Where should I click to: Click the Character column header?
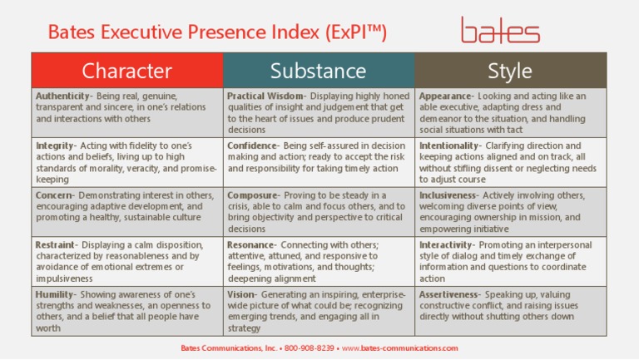click(x=126, y=71)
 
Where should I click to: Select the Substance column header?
click(x=318, y=71)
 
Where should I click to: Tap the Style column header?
click(x=510, y=71)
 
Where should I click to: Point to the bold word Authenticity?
click(x=63, y=96)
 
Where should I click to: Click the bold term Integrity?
click(x=55, y=145)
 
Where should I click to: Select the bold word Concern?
click(x=54, y=195)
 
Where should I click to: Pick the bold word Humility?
click(x=56, y=295)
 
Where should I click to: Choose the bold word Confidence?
click(x=251, y=145)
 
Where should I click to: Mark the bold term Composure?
click(x=253, y=195)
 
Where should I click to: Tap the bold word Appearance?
click(x=446, y=96)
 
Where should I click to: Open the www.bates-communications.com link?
click(x=400, y=348)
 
